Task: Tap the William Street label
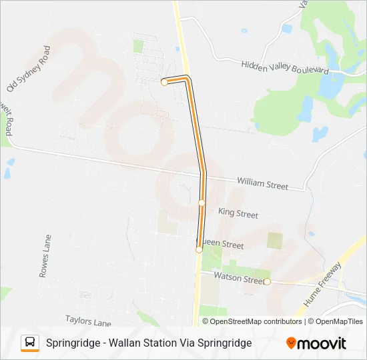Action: pos(263,184)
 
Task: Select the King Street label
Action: pos(238,214)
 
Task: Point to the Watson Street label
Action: pos(239,278)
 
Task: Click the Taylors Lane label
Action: pos(88,322)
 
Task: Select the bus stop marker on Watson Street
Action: pos(267,282)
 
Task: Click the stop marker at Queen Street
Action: pos(199,249)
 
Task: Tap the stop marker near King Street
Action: pos(202,202)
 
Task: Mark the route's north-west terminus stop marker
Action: pos(164,83)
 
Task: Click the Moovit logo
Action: pos(316,343)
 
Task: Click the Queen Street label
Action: pos(224,245)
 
